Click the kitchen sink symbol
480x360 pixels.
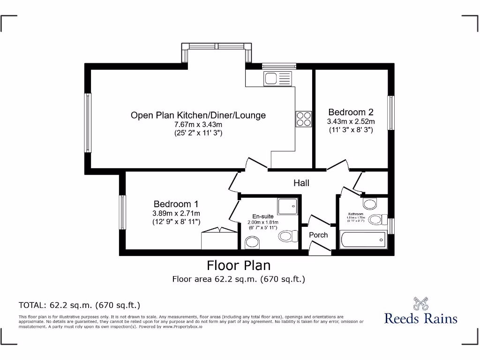coord(277,78)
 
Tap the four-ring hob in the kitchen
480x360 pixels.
coord(303,119)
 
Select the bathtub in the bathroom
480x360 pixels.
coord(363,240)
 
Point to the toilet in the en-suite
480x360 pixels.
coord(286,235)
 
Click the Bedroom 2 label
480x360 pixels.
coord(351,112)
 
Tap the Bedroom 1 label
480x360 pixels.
coord(176,204)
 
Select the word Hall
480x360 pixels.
coord(301,183)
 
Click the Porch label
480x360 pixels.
coord(318,235)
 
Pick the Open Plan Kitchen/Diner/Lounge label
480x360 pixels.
coord(198,115)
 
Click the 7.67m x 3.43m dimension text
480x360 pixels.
coord(198,125)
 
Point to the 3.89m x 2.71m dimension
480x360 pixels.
coord(176,213)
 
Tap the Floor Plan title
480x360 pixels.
coord(239,265)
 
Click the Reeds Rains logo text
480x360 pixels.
coord(420,318)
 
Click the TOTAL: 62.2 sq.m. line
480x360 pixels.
coord(79,305)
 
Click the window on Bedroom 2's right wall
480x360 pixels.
coord(390,112)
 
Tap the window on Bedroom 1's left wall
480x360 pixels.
coord(122,212)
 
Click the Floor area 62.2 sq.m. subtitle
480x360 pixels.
coord(239,279)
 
